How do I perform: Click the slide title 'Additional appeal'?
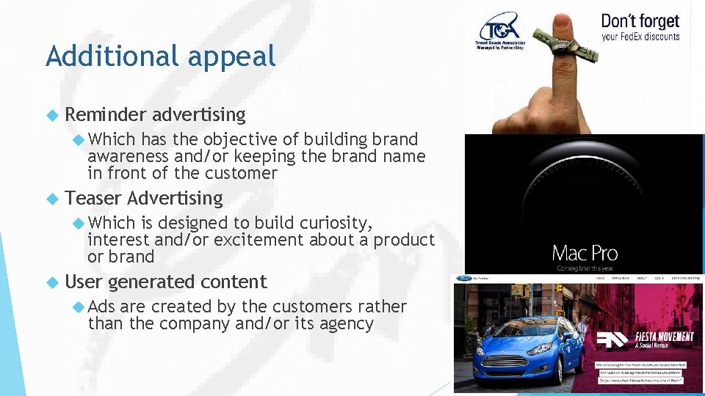[160, 56]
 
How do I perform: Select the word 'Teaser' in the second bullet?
[93, 198]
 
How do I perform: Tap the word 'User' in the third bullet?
[84, 282]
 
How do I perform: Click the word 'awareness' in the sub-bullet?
[128, 156]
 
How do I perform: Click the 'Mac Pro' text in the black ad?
[585, 254]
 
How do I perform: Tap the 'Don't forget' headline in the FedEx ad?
[640, 21]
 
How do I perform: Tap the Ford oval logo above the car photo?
[463, 279]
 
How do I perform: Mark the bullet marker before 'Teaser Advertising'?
[51, 199]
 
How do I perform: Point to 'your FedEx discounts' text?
[640, 37]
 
